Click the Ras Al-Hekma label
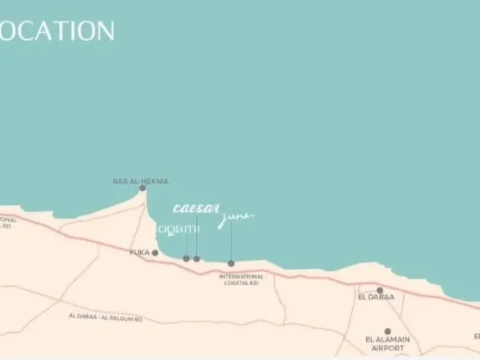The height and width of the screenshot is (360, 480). click(141, 181)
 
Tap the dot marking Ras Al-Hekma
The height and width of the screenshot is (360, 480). click(142, 188)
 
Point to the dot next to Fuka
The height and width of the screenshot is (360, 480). click(155, 253)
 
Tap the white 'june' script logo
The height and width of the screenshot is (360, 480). click(235, 217)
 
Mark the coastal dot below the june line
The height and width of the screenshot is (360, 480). click(231, 263)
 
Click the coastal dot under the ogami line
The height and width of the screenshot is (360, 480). click(186, 258)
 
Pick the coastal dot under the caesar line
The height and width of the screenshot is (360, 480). click(197, 258)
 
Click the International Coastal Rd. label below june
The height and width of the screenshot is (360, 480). click(240, 279)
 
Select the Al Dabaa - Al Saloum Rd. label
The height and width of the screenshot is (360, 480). click(105, 318)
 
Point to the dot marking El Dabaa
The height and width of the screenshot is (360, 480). click(380, 290)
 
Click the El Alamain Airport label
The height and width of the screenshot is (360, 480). click(388, 344)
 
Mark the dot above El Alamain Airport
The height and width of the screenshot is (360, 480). click(387, 331)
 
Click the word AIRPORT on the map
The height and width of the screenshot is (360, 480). click(388, 349)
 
